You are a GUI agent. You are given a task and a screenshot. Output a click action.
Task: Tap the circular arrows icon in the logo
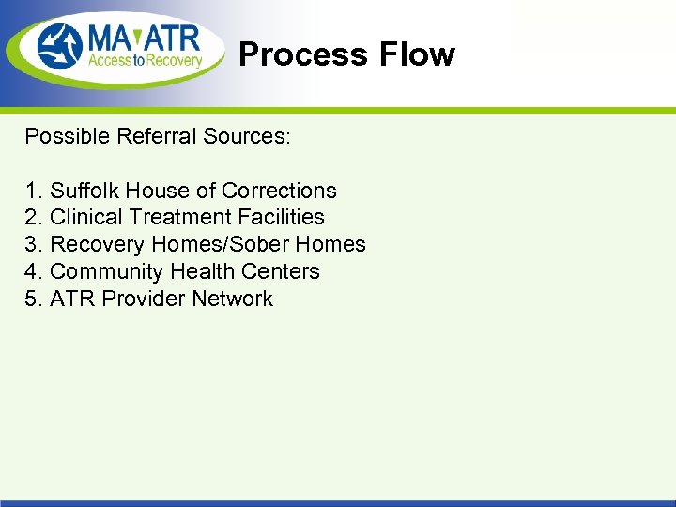61,47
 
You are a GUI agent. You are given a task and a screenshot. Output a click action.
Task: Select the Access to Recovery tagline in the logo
146,62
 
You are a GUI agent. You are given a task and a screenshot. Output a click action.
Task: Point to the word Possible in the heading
68,136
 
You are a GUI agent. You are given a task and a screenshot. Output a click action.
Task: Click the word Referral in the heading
153,136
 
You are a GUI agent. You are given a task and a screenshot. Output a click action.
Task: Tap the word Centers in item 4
281,271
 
